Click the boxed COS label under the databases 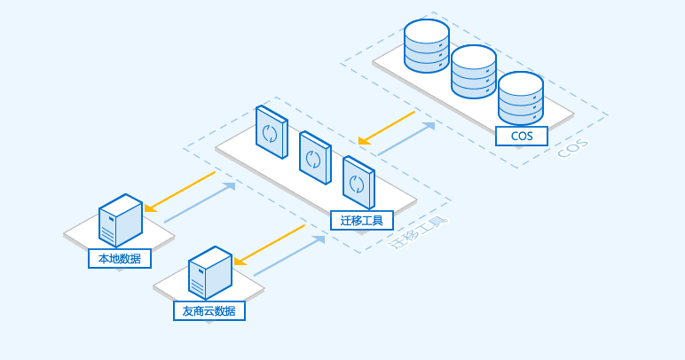[522, 137]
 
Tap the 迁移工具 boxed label [361, 219]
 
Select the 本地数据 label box [119, 258]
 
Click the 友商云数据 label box [209, 310]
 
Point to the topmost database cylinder [426, 45]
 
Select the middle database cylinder [473, 73]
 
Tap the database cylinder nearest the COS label [520, 99]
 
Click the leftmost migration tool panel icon [271, 133]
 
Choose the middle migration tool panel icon [314, 158]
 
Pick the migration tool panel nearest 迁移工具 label [358, 182]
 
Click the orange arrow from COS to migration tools [387, 127]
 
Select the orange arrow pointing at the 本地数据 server [180, 192]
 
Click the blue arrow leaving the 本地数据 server [200, 203]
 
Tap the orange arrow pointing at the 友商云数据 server [269, 244]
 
